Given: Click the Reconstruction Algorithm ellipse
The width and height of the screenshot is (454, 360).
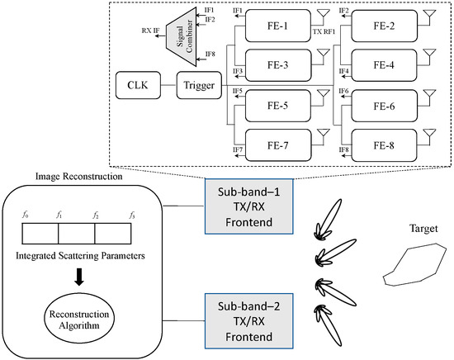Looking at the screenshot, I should [x=83, y=319].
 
